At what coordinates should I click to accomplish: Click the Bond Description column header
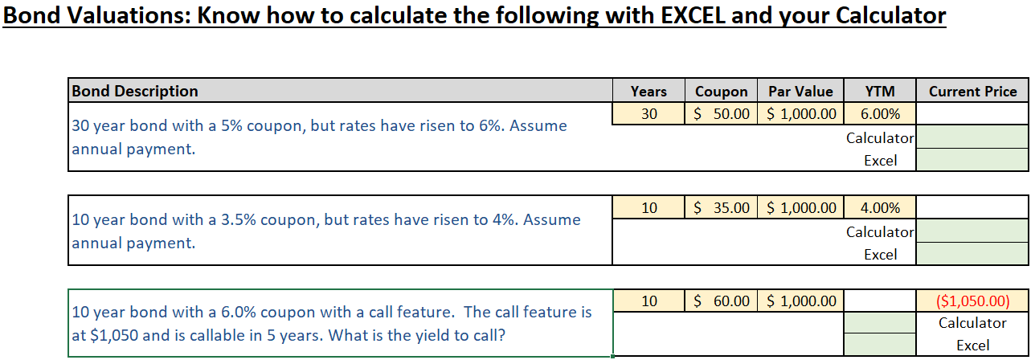pos(135,91)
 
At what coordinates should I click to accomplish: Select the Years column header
pos(648,91)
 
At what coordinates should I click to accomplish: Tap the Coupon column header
pos(721,91)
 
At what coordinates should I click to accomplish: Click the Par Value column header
pos(800,91)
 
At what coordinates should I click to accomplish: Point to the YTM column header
pos(880,91)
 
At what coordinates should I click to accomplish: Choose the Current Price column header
pos(972,91)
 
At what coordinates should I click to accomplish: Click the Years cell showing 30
pos(648,113)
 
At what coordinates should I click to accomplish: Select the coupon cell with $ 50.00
pos(721,113)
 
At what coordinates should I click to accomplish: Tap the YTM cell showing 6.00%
pos(880,113)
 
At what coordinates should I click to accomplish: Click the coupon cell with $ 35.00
pos(721,207)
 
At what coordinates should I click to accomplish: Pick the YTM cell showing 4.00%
pos(880,207)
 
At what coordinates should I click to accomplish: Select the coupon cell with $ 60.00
pos(721,301)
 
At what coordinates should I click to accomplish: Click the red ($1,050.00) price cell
pos(972,301)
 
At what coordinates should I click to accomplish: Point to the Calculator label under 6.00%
pos(880,137)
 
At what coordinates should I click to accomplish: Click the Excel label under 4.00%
pos(880,254)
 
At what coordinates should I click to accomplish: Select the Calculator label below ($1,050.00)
pos(972,323)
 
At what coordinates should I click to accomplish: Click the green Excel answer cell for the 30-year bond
pos(972,160)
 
